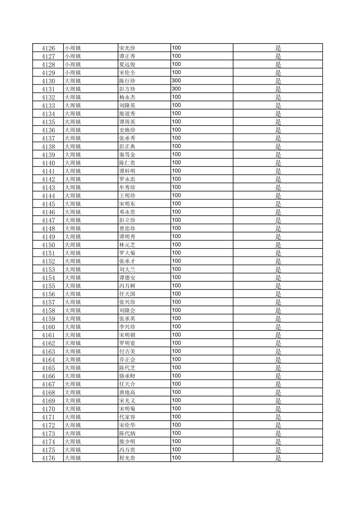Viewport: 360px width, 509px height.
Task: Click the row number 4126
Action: [48, 48]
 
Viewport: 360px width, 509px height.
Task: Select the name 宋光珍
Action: [127, 48]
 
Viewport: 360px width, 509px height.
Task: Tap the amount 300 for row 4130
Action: [176, 80]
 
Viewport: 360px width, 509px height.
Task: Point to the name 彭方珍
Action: [127, 89]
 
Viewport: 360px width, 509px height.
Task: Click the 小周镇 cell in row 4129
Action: [73, 73]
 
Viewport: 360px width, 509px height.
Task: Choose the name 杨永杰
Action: [127, 97]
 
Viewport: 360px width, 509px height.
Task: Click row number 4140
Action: [48, 163]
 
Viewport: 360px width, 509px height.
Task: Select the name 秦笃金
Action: [127, 155]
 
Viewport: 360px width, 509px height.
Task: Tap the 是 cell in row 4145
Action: [278, 204]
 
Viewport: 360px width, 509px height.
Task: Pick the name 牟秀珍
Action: [127, 188]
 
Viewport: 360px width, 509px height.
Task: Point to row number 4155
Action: [48, 286]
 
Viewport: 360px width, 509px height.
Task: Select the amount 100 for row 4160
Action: [176, 326]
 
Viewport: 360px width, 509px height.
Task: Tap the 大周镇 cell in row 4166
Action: [73, 376]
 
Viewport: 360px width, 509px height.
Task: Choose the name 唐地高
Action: [127, 392]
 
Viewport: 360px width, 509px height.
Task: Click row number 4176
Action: [48, 458]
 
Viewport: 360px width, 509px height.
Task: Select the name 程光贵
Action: [127, 458]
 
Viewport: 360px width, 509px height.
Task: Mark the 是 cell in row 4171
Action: [278, 417]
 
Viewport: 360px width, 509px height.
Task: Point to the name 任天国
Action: [127, 294]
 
